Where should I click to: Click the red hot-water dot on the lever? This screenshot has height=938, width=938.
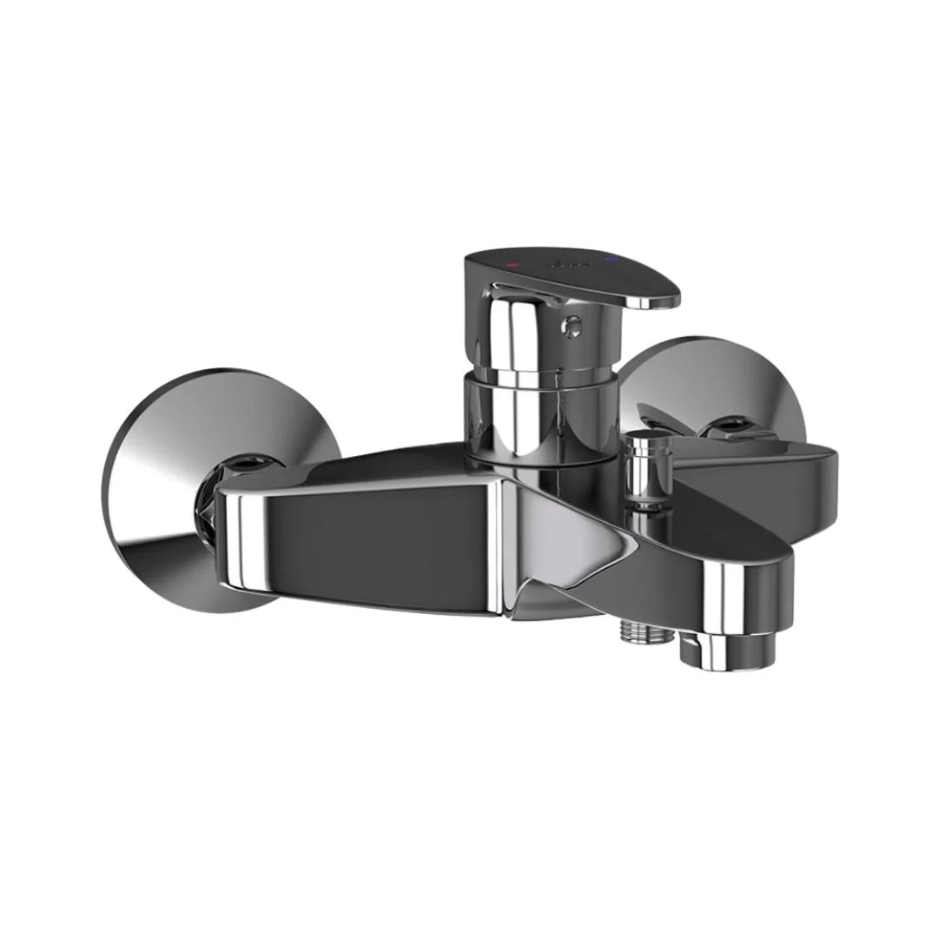512,261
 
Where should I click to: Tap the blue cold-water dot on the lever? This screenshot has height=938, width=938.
611,260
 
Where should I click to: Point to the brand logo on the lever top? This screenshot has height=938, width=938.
561,261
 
